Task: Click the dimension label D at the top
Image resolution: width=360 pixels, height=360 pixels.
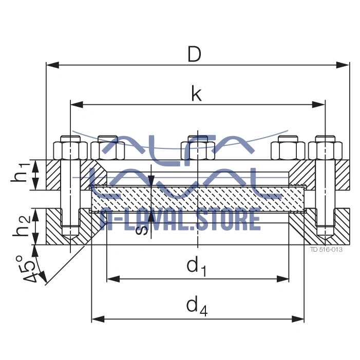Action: tap(194, 54)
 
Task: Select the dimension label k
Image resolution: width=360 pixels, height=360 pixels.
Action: tap(196, 93)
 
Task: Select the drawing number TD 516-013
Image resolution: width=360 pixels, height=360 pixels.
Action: tap(326, 250)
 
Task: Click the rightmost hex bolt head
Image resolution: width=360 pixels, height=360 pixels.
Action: tap(326, 149)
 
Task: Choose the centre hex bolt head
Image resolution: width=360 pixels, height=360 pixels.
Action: tap(197, 149)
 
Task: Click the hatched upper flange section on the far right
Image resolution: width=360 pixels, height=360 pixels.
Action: tap(343, 175)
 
